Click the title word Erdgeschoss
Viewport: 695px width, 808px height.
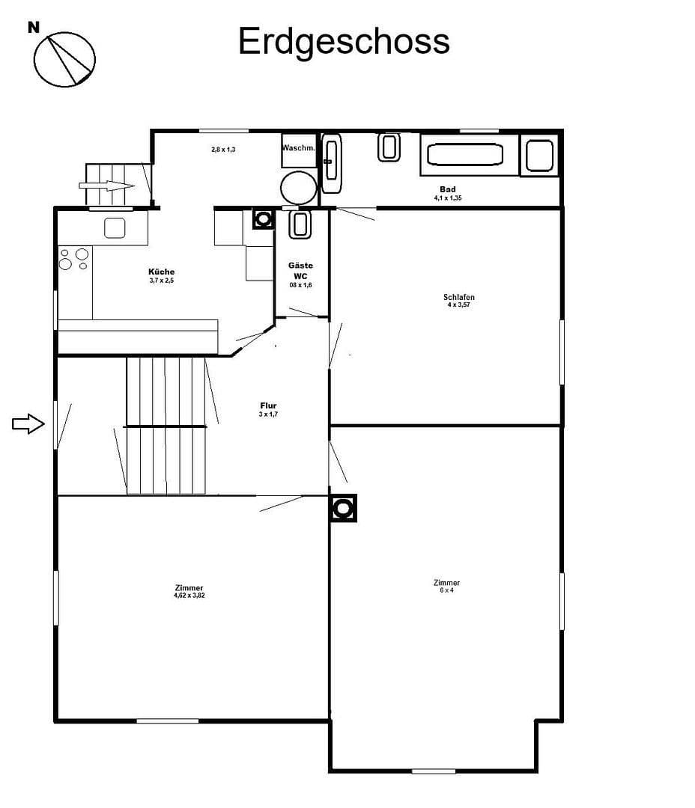(344, 41)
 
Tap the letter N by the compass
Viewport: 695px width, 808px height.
(34, 28)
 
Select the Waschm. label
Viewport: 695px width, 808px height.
(299, 148)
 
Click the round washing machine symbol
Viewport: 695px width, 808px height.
(298, 187)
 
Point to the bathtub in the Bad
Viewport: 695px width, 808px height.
(464, 155)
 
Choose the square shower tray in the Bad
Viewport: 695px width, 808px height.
(539, 156)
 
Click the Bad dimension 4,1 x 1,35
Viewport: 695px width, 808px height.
(448, 198)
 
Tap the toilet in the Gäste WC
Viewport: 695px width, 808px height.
(300, 224)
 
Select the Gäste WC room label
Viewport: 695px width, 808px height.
(300, 270)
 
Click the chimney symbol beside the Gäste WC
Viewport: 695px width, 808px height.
(264, 218)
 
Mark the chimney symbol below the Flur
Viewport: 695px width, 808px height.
(343, 508)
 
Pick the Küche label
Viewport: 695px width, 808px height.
(162, 272)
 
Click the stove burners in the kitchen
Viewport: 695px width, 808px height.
(73, 259)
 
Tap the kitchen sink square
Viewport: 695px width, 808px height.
(115, 227)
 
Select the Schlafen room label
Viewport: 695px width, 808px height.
(459, 297)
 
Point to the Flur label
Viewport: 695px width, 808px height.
(268, 405)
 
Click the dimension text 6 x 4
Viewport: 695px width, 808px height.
(447, 590)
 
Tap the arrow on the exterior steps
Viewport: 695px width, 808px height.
(107, 186)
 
